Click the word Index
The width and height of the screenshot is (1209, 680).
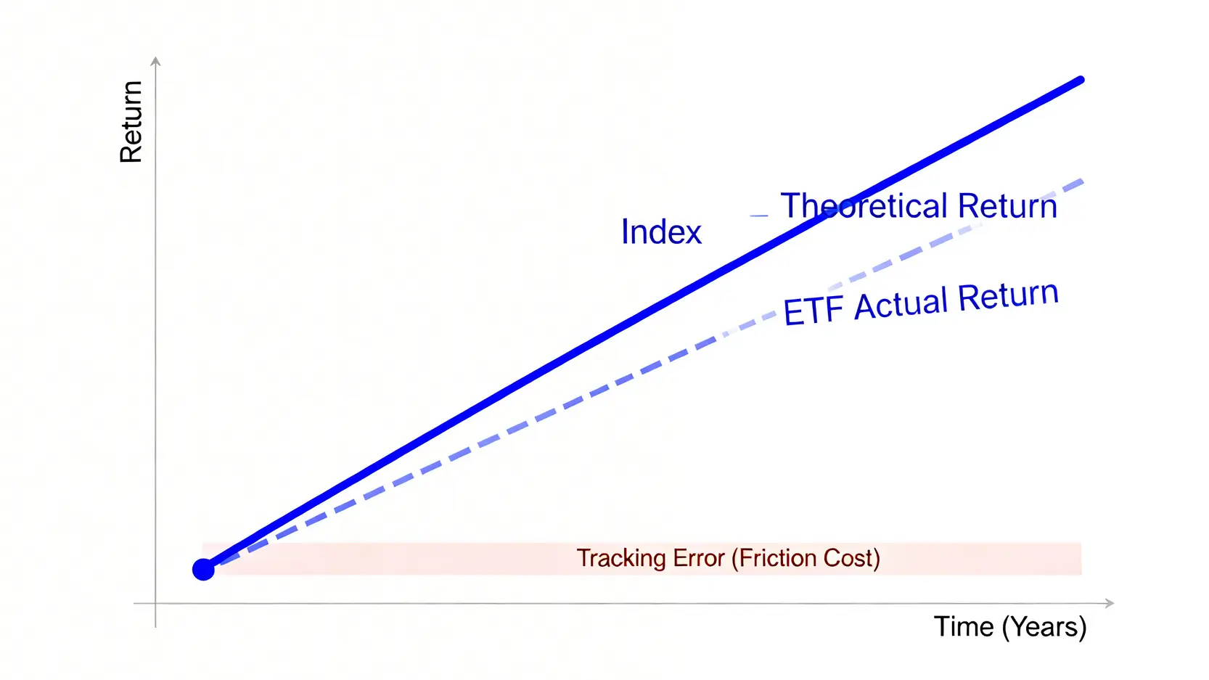661,232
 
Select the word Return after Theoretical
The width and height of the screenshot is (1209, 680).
1007,205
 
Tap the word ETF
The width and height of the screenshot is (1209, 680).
813,311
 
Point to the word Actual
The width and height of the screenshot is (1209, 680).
901,304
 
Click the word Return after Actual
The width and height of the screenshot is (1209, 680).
1008,296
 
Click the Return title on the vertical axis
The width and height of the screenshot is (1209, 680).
131,122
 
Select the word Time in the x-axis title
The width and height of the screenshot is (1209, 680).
964,626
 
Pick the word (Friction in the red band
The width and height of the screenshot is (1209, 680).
774,558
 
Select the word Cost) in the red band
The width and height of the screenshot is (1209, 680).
852,558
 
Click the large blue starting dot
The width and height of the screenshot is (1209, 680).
203,570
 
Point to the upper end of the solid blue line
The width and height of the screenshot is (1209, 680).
1081,81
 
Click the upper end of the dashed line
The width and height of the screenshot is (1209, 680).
1081,182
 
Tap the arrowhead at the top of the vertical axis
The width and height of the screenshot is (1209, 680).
155,60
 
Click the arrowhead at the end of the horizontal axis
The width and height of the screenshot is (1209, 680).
1110,603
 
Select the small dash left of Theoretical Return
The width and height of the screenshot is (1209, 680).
759,216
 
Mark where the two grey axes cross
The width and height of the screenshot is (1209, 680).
155,603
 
